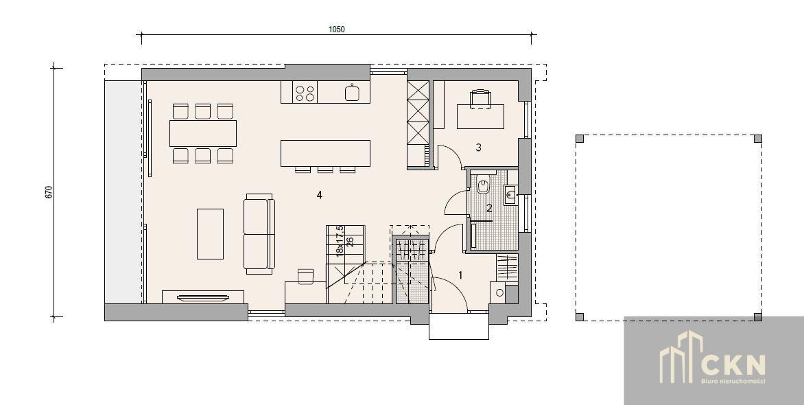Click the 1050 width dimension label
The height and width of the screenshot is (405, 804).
coord(336,30)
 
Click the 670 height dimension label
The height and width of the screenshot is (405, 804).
coord(49,192)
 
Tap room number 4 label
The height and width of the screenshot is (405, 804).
coord(320,195)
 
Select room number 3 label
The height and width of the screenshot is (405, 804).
coord(478,148)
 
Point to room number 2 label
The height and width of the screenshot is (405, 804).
coord(489,209)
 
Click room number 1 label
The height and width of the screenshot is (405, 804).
coord(460,276)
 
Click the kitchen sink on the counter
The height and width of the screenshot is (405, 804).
coord(352,93)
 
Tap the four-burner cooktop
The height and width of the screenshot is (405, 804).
coord(305,93)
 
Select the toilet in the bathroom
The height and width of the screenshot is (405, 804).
coord(482,184)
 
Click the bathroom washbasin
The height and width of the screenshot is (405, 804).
coord(510,194)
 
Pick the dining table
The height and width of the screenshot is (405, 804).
coord(203,133)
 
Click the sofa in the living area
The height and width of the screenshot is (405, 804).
coord(260,233)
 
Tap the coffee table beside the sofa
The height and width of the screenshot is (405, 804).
coord(210,234)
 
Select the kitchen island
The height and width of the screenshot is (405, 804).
coord(326,154)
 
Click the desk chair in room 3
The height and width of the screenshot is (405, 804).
coord(481,99)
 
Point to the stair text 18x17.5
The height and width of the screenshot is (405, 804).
coord(340,241)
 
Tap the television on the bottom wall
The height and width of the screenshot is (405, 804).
coord(203,297)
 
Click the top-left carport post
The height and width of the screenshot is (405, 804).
coord(580,139)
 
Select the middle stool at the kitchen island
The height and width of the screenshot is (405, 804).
coord(325,170)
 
